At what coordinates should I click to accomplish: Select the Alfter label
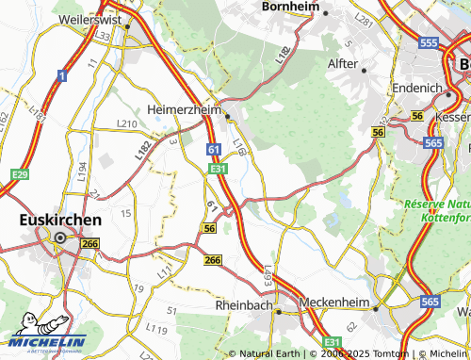[342, 65]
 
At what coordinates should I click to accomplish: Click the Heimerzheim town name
[184, 110]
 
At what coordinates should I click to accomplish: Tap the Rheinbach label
[243, 306]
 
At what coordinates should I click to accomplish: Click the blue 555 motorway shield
[429, 43]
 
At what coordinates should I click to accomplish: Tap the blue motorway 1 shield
[61, 74]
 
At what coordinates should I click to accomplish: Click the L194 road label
[82, 170]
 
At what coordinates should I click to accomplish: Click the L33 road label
[103, 36]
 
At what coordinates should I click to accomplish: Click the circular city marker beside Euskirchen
[60, 238]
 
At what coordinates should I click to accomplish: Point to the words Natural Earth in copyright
[269, 353]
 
